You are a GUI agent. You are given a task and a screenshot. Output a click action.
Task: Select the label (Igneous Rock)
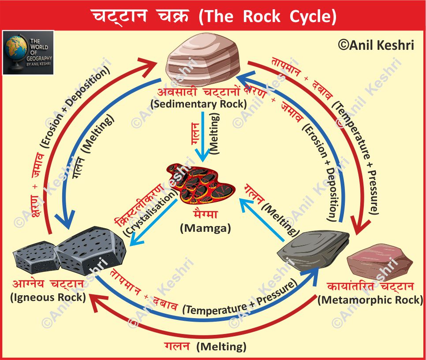tap(48, 297)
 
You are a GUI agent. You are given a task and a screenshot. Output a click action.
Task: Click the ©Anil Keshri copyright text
tap(376, 45)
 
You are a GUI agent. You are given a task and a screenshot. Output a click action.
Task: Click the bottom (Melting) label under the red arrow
tap(221, 346)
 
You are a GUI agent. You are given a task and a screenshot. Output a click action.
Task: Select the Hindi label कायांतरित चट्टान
tap(370, 287)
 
